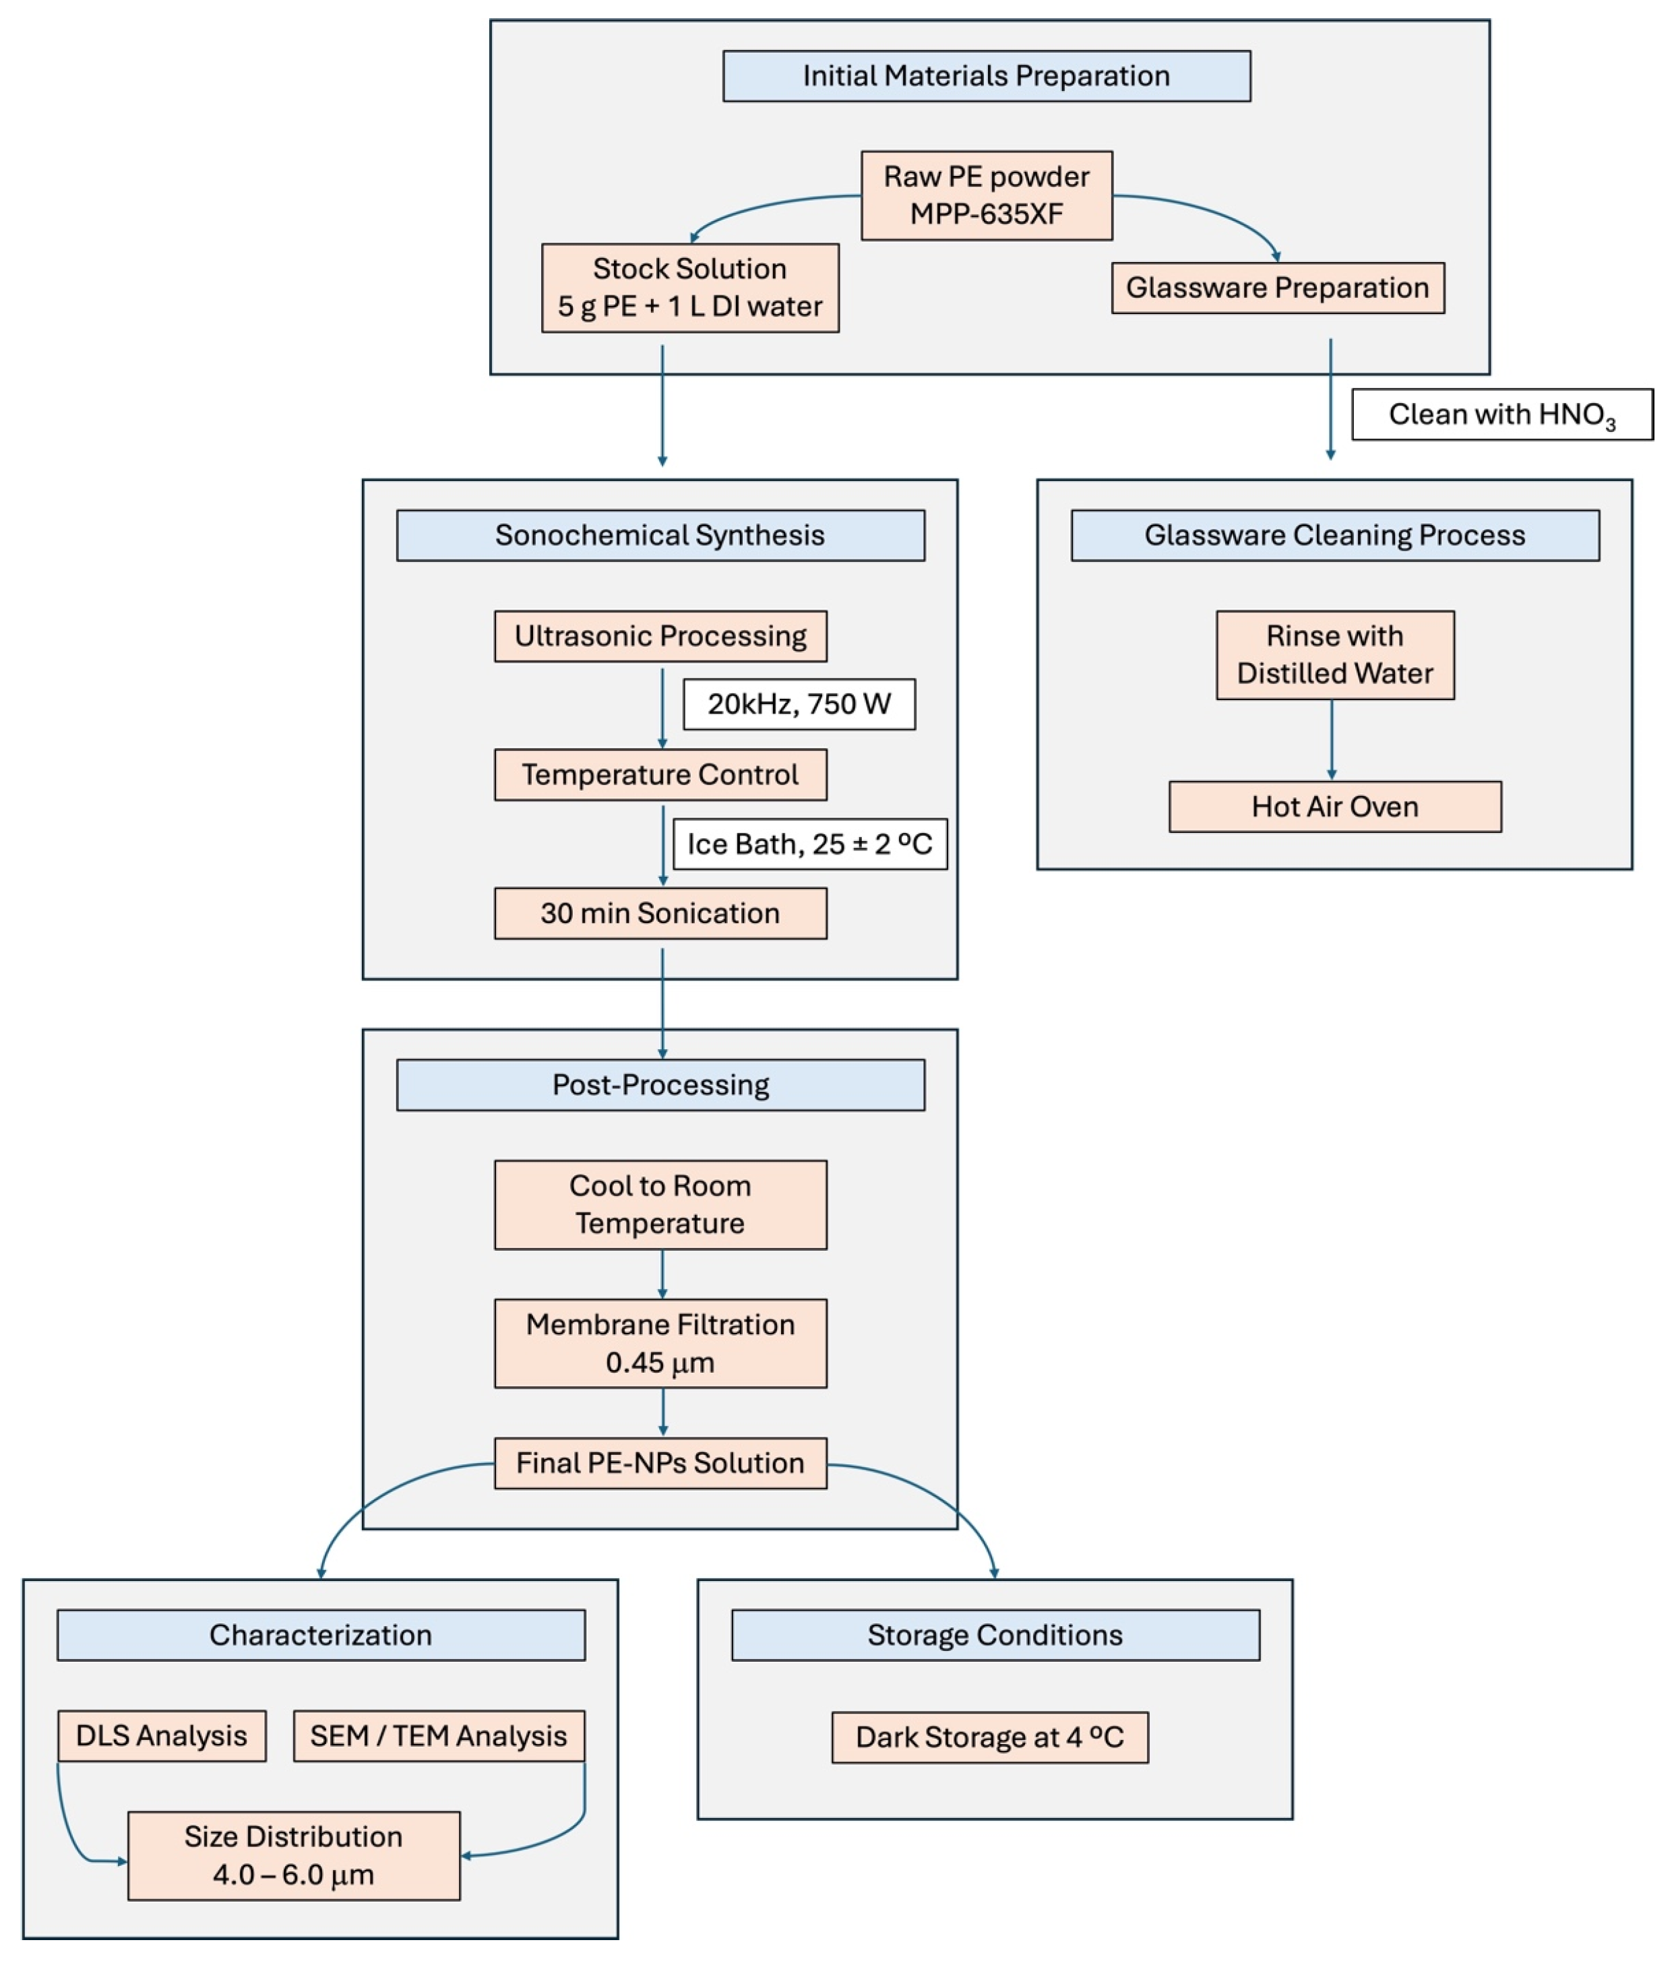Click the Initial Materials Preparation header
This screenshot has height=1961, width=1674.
click(x=986, y=75)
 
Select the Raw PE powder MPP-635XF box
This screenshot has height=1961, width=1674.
click(x=986, y=195)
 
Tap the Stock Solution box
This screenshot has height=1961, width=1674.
click(x=690, y=288)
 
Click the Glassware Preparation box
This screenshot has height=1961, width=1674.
click(x=1278, y=288)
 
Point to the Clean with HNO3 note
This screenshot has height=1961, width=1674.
click(x=1501, y=414)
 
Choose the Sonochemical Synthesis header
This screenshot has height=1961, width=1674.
click(x=660, y=536)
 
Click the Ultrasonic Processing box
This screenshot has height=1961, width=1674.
click(x=660, y=636)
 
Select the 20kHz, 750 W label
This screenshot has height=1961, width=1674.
click(x=799, y=704)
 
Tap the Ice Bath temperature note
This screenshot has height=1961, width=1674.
click(x=809, y=844)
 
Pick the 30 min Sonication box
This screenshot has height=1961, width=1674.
click(x=660, y=913)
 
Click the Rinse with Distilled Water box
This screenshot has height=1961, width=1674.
click(x=1334, y=655)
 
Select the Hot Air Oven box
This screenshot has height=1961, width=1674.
click(x=1334, y=807)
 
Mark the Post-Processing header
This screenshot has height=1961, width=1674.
click(x=660, y=1084)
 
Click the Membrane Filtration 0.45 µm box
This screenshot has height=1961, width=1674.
click(x=660, y=1343)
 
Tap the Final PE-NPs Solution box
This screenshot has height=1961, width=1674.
click(x=660, y=1463)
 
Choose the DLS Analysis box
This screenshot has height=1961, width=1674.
click(x=161, y=1736)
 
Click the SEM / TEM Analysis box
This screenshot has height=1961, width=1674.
click(x=438, y=1736)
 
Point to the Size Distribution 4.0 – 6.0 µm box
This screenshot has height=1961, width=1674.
click(x=293, y=1856)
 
